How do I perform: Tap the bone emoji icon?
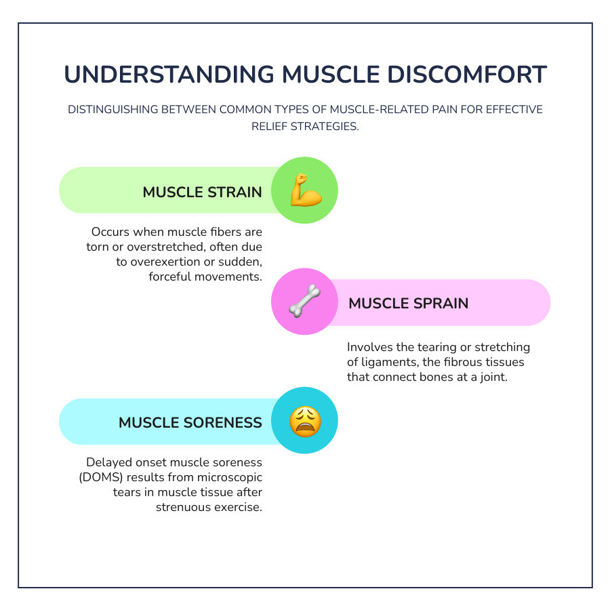304,301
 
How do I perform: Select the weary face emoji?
304,422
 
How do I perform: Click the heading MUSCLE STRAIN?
202,192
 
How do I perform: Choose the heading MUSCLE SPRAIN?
408,303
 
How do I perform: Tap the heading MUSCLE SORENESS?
190,422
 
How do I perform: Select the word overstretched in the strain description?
156,247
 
